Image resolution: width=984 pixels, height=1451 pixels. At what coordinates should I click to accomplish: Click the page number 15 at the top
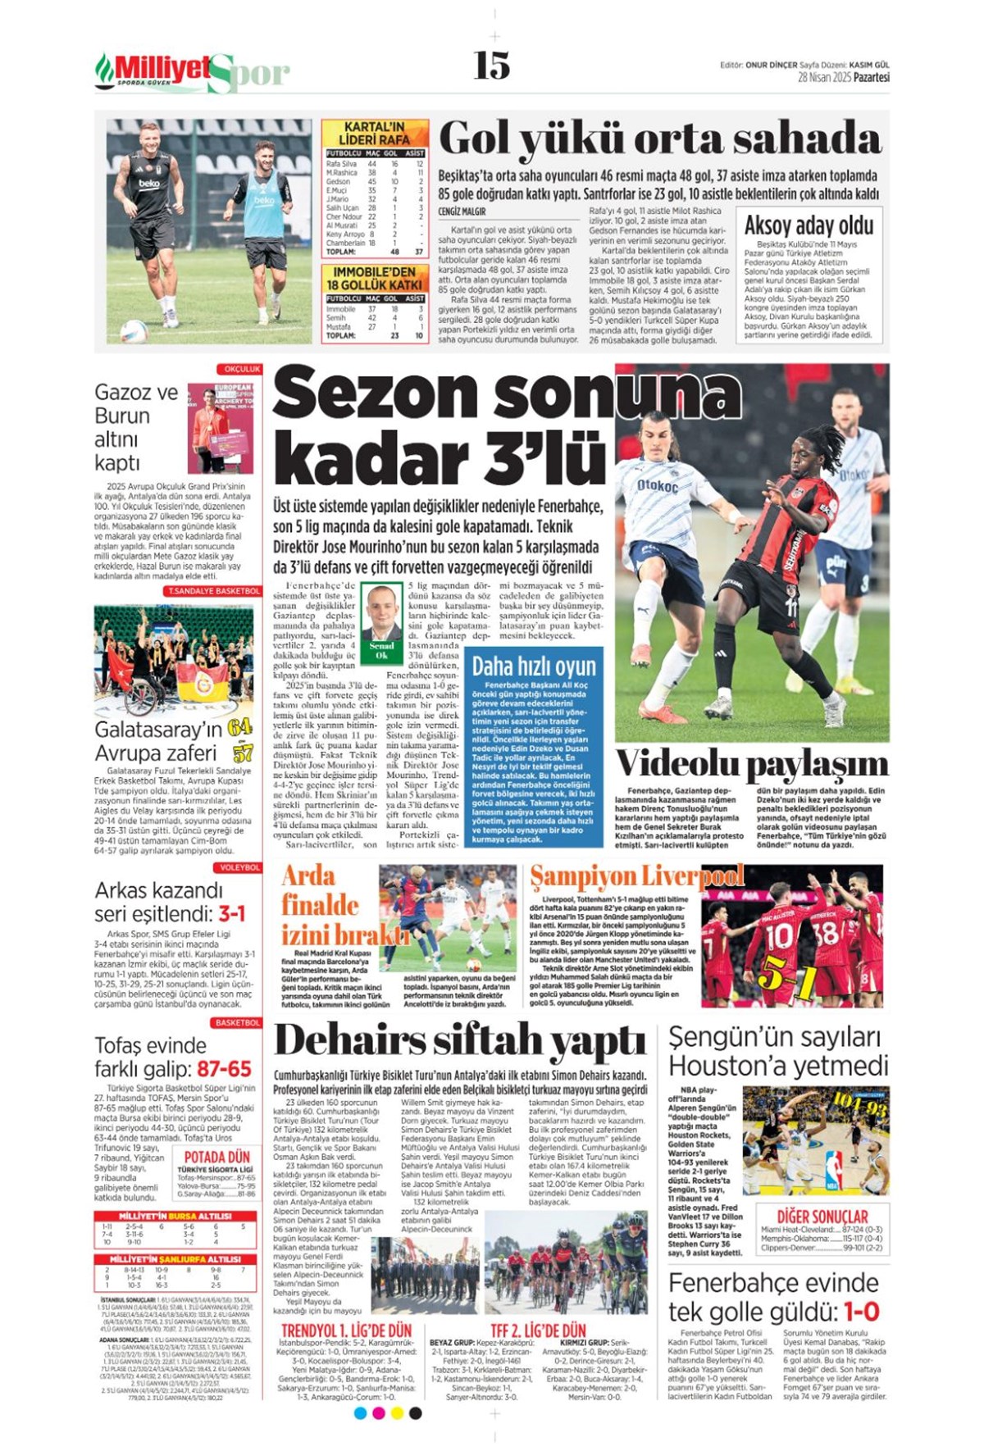click(491, 66)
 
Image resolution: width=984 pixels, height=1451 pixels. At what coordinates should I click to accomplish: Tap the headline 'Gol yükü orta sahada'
click(660, 139)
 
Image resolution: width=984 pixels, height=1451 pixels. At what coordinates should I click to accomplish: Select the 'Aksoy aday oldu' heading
click(809, 225)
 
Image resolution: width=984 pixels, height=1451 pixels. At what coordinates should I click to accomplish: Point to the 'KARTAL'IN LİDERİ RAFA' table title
click(375, 134)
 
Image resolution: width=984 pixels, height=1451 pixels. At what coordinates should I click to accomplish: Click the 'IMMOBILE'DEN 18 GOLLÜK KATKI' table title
click(375, 278)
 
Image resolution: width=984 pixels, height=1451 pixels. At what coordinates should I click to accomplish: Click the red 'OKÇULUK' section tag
click(240, 370)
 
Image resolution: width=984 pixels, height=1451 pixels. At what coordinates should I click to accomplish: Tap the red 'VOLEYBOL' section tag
click(239, 867)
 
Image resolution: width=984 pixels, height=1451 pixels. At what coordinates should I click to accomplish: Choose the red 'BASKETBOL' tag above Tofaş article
click(237, 1022)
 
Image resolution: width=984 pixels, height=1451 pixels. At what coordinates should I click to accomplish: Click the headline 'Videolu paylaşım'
click(752, 764)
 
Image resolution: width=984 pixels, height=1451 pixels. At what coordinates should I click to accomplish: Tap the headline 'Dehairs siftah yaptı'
click(460, 1041)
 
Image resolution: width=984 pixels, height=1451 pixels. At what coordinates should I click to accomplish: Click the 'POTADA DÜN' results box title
click(216, 1157)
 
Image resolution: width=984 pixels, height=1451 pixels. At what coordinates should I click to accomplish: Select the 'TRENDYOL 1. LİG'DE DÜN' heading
click(346, 1330)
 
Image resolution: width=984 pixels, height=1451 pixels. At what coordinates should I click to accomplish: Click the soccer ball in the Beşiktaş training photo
click(134, 330)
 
